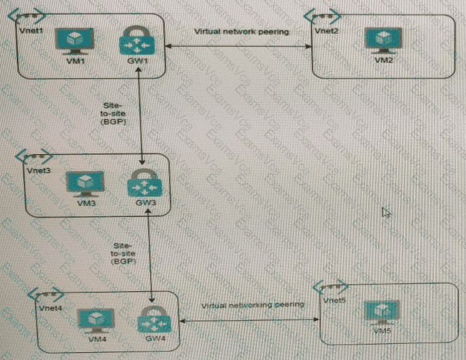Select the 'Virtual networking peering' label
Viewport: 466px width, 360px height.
(x=252, y=304)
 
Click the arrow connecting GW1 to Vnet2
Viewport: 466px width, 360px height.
(x=237, y=45)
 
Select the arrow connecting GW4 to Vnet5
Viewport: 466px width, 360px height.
(x=250, y=320)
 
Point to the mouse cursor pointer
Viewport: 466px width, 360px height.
(x=385, y=212)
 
